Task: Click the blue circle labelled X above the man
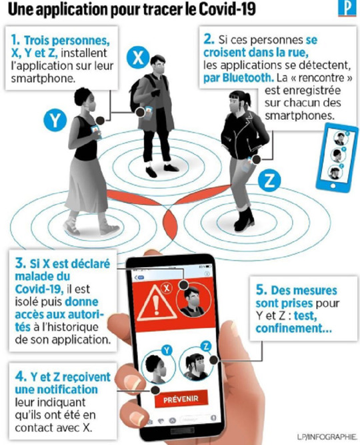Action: [138, 58]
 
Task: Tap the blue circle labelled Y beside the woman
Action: [55, 121]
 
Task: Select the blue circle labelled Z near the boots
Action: [269, 181]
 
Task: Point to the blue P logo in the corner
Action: [347, 8]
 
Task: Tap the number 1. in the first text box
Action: [15, 40]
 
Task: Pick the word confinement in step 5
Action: [293, 328]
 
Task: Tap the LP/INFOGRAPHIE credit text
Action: [327, 436]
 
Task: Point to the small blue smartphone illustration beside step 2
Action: [337, 157]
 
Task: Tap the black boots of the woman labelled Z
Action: [244, 219]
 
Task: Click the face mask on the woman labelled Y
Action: [91, 107]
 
